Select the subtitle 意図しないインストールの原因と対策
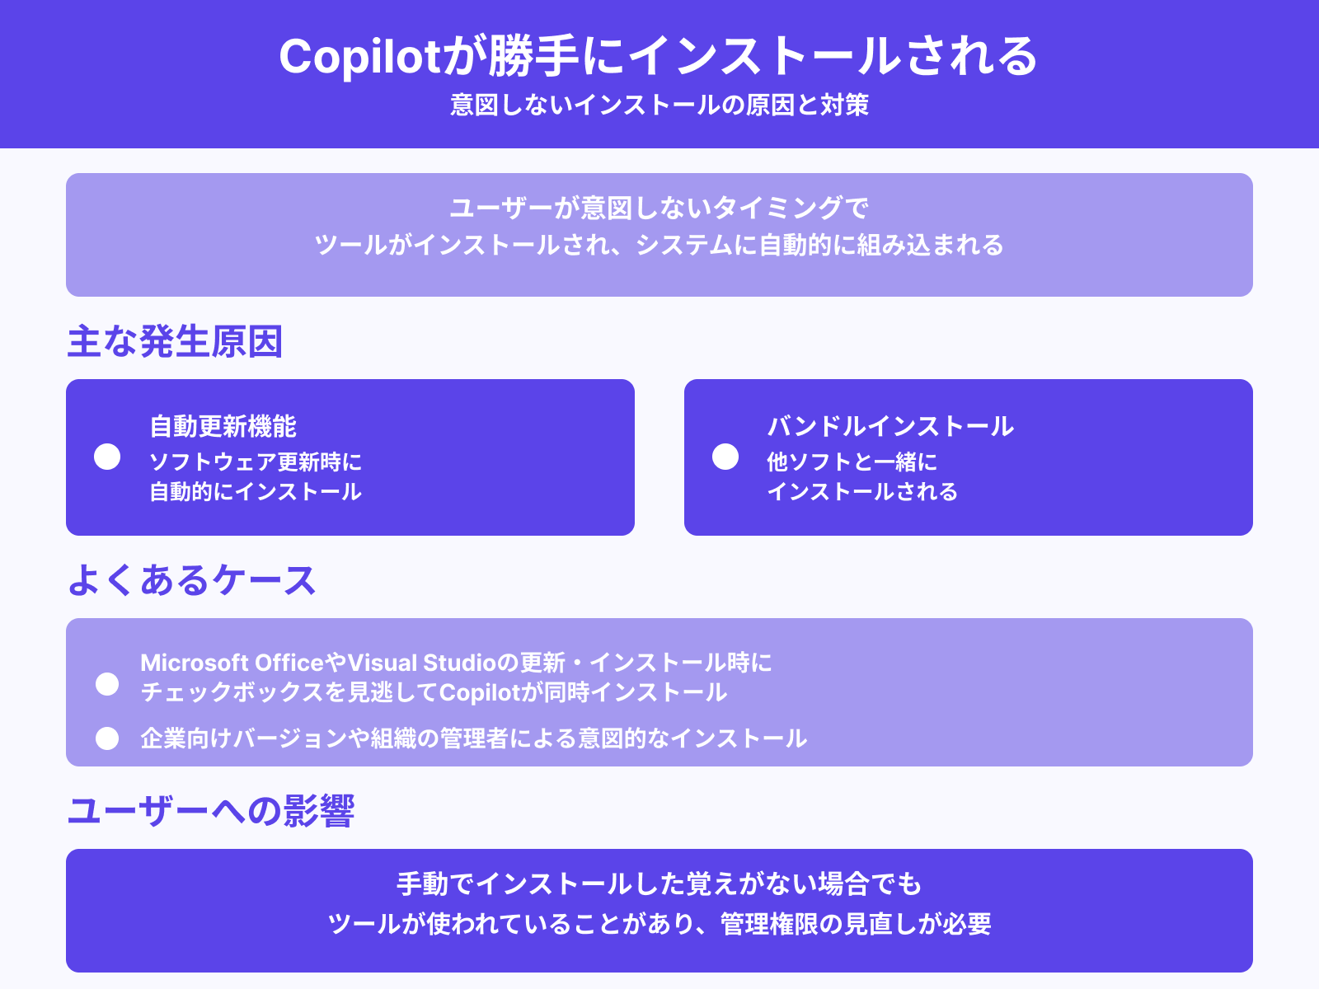[659, 105]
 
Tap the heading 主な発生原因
[175, 341]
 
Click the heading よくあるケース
[191, 580]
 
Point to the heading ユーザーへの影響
[210, 811]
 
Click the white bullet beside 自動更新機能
[107, 457]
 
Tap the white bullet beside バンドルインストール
[725, 457]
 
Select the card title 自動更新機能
[223, 426]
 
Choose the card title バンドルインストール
[890, 426]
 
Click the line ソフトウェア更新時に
[256, 462]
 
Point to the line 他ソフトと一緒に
[852, 462]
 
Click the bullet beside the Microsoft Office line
[107, 684]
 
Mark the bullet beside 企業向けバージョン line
[107, 738]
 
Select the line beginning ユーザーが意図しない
[659, 208]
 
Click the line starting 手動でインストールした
[659, 884]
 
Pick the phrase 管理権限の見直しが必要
[856, 924]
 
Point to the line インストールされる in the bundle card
[862, 492]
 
